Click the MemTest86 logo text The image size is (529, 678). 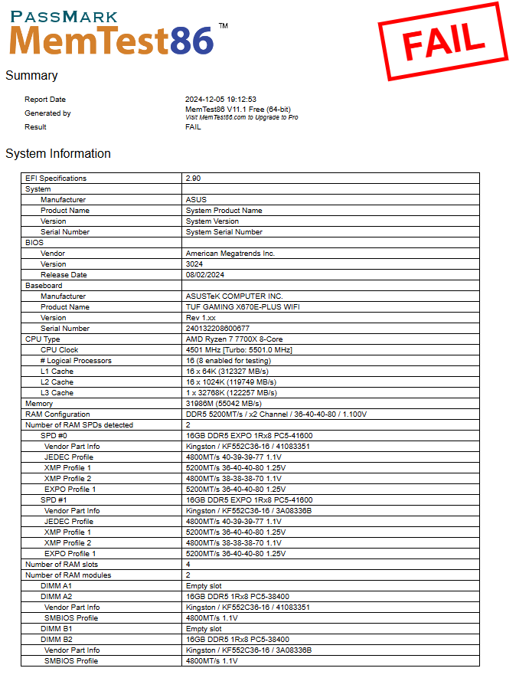(112, 39)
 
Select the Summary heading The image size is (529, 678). (31, 76)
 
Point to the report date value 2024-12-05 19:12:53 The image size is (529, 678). (220, 100)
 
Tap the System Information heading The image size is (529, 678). (58, 154)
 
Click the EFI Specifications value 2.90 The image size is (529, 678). (193, 179)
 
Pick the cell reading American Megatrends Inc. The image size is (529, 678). (230, 254)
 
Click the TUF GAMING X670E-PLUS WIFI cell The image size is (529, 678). (243, 307)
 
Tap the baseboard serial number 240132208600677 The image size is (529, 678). (217, 329)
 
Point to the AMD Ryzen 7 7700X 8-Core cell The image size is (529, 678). (233, 339)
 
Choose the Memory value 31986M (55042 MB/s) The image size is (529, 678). (224, 404)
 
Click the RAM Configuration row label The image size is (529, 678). (57, 414)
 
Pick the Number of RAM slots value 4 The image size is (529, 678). (188, 565)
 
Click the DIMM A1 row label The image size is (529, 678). (57, 586)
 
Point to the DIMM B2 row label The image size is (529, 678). (57, 640)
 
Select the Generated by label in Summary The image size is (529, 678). (47, 113)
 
